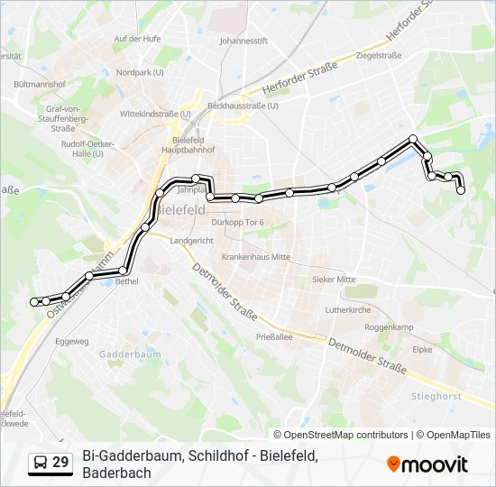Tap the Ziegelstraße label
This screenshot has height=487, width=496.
tap(379, 55)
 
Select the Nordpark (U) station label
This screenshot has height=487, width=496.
tap(140, 72)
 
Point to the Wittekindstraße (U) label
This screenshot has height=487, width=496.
tap(155, 115)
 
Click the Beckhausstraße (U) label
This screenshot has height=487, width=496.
tap(243, 105)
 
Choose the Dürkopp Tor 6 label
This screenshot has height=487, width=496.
tap(236, 222)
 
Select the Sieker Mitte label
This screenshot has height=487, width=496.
tap(334, 280)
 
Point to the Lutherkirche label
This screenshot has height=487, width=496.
tap(348, 309)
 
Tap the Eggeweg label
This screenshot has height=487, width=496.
tap(72, 342)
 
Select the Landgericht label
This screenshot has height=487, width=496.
tap(191, 241)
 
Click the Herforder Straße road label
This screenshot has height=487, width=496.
tap(299, 78)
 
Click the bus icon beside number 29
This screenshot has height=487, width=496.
tap(41, 463)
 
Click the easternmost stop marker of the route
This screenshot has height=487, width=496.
tap(461, 190)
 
